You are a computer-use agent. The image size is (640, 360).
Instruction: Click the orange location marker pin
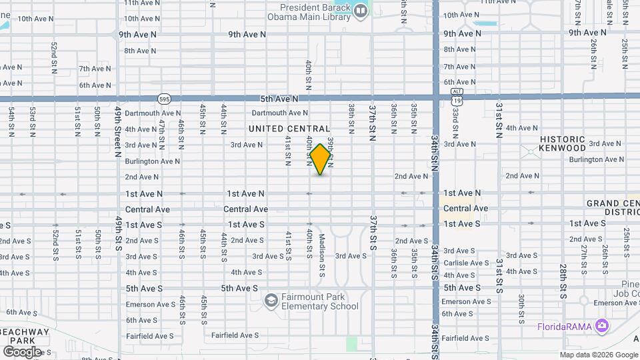(x=321, y=159)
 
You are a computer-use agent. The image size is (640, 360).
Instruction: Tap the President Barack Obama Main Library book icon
(x=361, y=11)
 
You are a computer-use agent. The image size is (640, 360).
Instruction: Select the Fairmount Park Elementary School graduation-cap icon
(x=271, y=301)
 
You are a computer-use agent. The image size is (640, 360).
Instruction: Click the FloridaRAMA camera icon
(x=602, y=326)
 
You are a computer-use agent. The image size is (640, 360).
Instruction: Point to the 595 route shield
(x=164, y=99)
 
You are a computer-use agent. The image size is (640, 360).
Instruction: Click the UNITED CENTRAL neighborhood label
(x=289, y=128)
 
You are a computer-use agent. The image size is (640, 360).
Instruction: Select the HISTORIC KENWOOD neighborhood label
(x=562, y=143)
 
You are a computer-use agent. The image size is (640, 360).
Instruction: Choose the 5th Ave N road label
(x=279, y=99)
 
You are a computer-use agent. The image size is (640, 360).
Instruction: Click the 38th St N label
(x=351, y=115)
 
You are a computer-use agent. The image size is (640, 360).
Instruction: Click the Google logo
(x=22, y=351)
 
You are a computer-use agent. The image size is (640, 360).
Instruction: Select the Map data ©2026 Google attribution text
(x=599, y=355)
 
